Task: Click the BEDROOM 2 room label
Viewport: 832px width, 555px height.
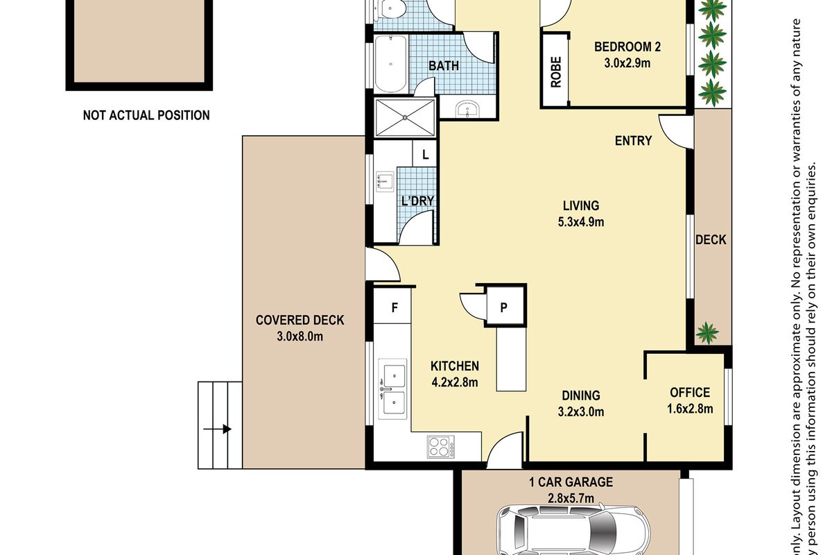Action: click(x=627, y=47)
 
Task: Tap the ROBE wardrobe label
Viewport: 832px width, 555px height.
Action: click(x=556, y=71)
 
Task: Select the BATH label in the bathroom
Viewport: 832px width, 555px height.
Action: click(x=444, y=66)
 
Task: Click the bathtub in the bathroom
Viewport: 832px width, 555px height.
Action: click(x=391, y=64)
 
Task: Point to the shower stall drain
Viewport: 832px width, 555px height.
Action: click(x=405, y=117)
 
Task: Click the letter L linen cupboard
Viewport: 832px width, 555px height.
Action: click(x=425, y=153)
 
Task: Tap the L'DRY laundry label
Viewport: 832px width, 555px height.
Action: click(x=418, y=200)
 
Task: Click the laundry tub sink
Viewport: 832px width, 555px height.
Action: click(x=385, y=181)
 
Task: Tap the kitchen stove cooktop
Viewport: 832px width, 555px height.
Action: click(x=440, y=447)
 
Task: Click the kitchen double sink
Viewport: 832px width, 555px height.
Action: click(x=393, y=388)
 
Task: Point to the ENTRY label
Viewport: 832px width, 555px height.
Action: click(x=633, y=141)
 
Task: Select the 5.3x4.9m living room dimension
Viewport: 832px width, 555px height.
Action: click(x=581, y=222)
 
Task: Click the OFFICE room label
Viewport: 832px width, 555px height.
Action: click(x=690, y=393)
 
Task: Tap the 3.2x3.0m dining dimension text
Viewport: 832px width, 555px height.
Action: click(x=581, y=411)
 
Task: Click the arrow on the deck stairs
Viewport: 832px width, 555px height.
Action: click(x=217, y=429)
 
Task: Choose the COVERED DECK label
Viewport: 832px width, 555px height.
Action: click(x=300, y=320)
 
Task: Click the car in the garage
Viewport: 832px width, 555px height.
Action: click(x=574, y=530)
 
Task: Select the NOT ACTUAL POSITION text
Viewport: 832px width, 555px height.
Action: click(x=146, y=115)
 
